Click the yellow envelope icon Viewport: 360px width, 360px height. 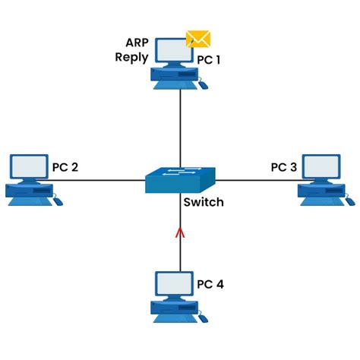point(198,39)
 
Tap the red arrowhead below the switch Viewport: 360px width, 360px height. point(180,232)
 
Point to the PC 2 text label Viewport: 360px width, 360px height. point(65,166)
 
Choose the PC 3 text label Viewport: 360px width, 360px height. point(284,166)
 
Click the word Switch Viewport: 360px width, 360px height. point(203,203)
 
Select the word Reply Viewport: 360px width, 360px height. point(131,57)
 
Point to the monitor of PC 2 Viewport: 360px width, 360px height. point(29,166)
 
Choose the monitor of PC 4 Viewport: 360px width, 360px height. point(172,284)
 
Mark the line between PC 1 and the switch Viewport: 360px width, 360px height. point(180,125)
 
